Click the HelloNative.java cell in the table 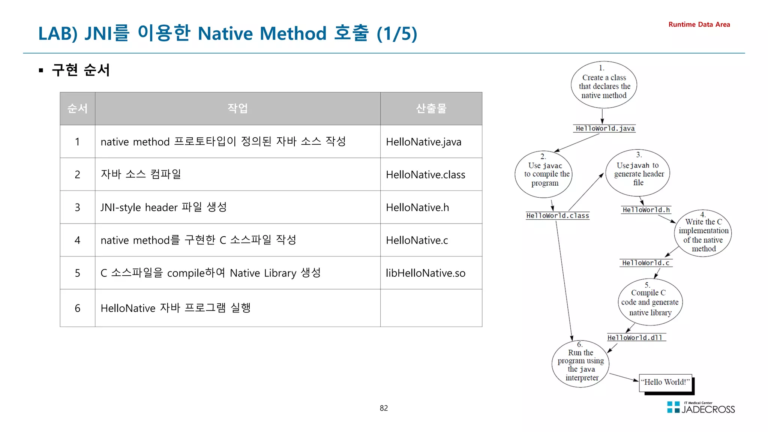(423, 142)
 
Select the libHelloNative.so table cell (425, 273)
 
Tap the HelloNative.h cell (417, 207)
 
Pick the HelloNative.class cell (425, 175)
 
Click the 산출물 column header (431, 109)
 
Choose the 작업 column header (237, 109)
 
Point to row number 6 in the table (77, 308)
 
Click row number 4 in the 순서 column (77, 240)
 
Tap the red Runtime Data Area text (699, 25)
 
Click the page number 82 (384, 408)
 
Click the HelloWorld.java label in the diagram (605, 129)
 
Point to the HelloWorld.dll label (634, 337)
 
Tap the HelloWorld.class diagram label (557, 216)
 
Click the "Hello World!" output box (665, 382)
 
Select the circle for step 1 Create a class (604, 85)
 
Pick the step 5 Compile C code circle (650, 302)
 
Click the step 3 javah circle (638, 173)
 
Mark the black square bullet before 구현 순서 (41, 70)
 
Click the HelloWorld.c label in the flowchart (645, 263)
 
